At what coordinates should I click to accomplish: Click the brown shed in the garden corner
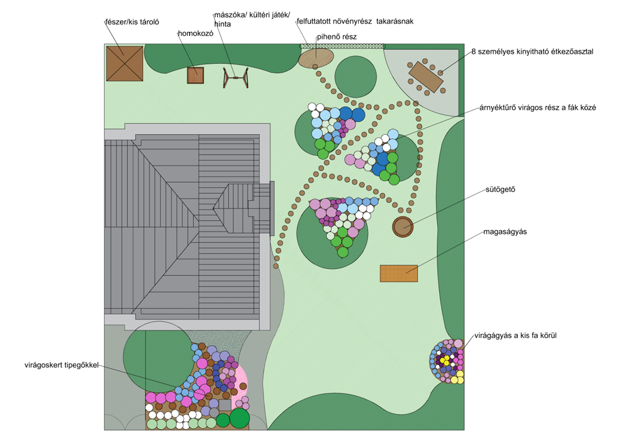coord(124,63)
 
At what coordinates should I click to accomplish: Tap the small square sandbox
coord(195,75)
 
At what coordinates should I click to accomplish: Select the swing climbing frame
coord(236,78)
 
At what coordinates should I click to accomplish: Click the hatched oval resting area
coord(316,56)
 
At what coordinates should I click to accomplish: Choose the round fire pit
coord(403,227)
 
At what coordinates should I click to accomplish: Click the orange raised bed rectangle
coord(398,273)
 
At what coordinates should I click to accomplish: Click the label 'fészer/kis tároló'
coord(132,22)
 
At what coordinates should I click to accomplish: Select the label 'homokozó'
coord(195,33)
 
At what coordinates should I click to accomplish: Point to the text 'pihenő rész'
coord(336,36)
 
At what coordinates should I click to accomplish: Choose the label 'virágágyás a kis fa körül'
coord(520,336)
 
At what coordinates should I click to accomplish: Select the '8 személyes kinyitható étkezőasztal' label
coord(532,52)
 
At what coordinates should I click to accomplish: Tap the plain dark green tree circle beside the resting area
coord(355,76)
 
